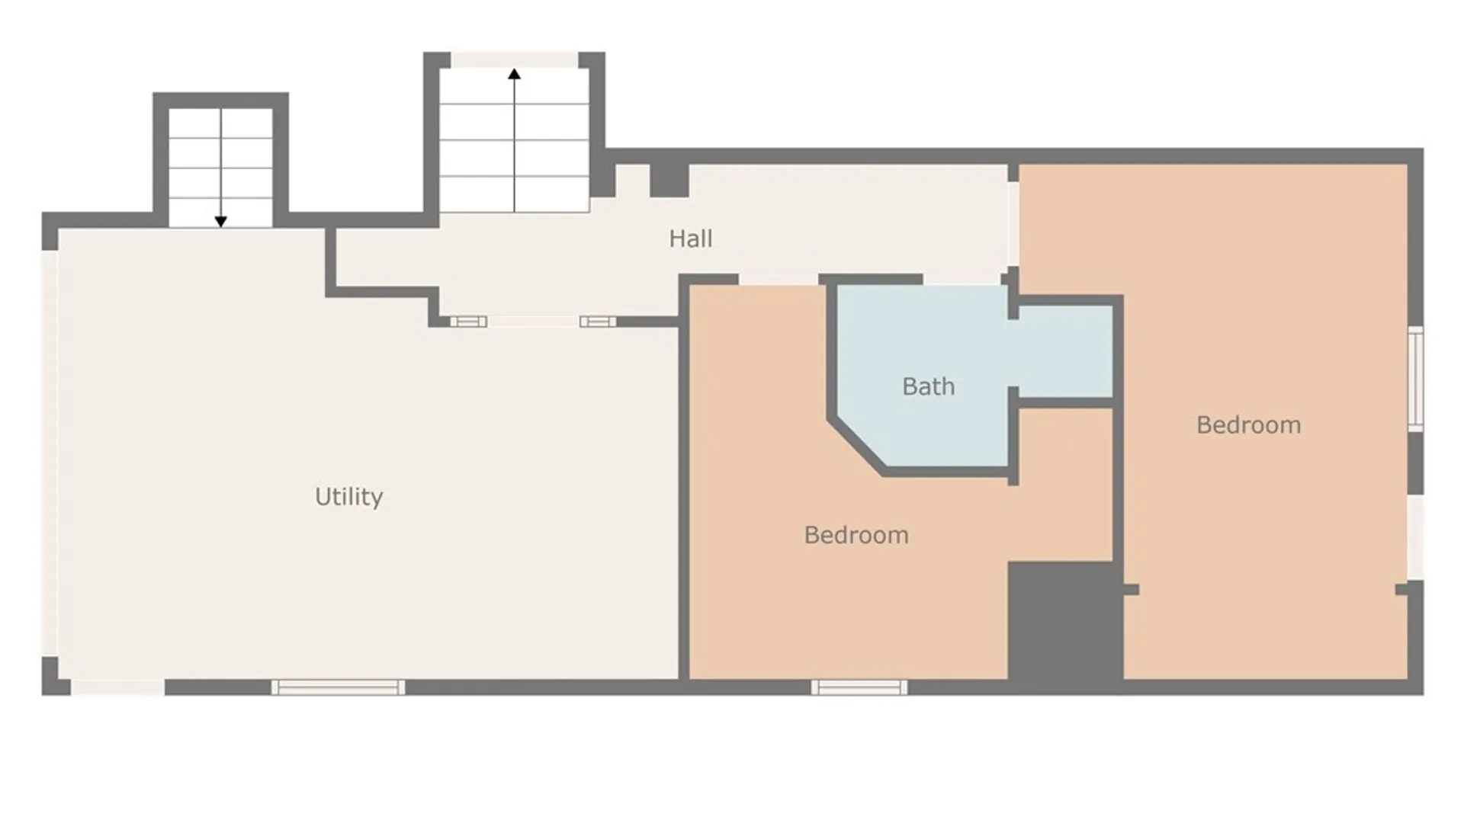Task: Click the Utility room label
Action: pyautogui.click(x=348, y=497)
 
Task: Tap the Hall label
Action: pyautogui.click(x=691, y=239)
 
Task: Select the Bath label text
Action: pyautogui.click(x=928, y=386)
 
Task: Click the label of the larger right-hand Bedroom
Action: pyautogui.click(x=1248, y=424)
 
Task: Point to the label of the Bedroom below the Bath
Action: pyautogui.click(x=856, y=535)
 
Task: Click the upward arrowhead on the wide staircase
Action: pyautogui.click(x=515, y=74)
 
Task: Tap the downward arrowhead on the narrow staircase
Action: pyautogui.click(x=220, y=222)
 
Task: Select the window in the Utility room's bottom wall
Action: pyautogui.click(x=338, y=687)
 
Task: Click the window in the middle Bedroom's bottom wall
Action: pyautogui.click(x=859, y=687)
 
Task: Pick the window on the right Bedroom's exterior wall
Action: pyautogui.click(x=1415, y=378)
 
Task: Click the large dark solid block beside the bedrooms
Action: pyautogui.click(x=1064, y=621)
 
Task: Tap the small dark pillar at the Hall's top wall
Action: pyautogui.click(x=669, y=180)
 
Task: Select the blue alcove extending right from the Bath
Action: pyautogui.click(x=1065, y=351)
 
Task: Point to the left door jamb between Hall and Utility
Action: pyautogui.click(x=468, y=322)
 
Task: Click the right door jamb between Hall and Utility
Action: pyautogui.click(x=598, y=322)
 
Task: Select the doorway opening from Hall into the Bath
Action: pyautogui.click(x=965, y=280)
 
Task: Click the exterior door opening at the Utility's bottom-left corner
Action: pyautogui.click(x=117, y=687)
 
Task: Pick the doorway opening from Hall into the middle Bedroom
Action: pyautogui.click(x=778, y=280)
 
